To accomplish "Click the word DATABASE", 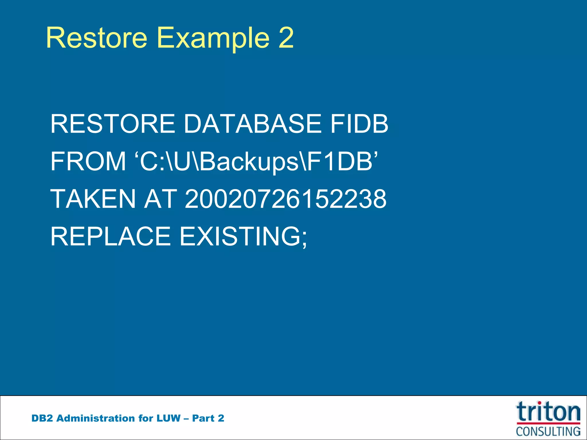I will pos(252,124).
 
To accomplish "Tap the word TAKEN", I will pos(93,199).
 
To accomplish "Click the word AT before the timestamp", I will pos(161,199).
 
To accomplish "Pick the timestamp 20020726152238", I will pos(285,199).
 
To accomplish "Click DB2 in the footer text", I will pos(42,418).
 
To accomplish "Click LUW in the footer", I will pos(168,418).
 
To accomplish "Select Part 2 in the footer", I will pos(208,418).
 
